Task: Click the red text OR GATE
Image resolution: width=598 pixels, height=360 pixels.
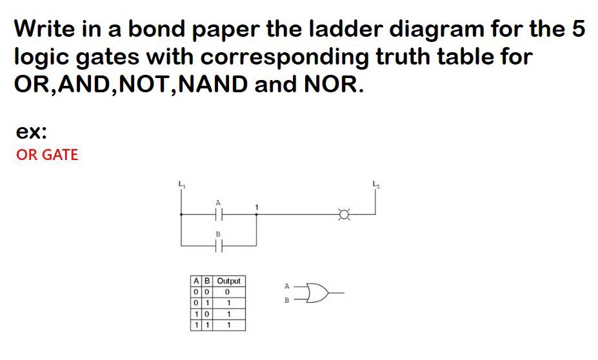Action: (x=47, y=155)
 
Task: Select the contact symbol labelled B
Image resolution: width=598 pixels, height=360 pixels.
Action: (x=218, y=245)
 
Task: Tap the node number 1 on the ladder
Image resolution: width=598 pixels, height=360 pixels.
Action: (x=257, y=206)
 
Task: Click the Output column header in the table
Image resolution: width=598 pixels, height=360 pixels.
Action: (x=229, y=281)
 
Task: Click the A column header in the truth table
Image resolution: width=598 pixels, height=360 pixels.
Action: (x=195, y=281)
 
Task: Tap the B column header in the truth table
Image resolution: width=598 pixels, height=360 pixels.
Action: (x=205, y=281)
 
